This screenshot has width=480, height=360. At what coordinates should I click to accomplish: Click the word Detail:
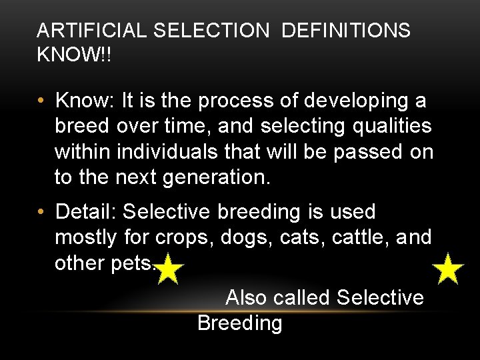[87, 212]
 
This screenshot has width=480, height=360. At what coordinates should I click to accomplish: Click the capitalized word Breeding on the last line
[240, 323]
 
